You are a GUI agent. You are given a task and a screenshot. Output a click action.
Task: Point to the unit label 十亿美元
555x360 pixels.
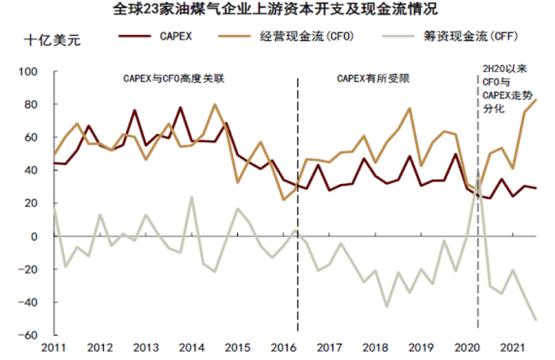(x=53, y=37)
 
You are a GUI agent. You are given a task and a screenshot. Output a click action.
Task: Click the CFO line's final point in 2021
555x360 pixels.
(x=538, y=100)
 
